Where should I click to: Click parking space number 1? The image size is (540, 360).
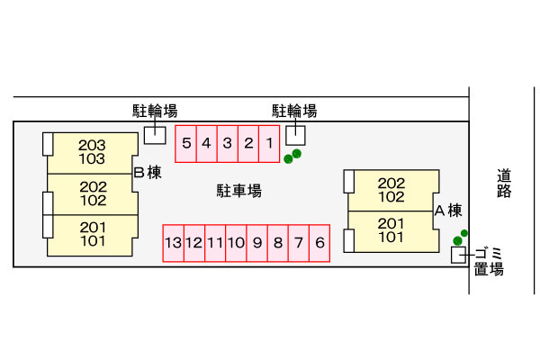click(268, 143)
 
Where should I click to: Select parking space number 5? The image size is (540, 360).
click(184, 143)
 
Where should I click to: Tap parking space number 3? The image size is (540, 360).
click(227, 143)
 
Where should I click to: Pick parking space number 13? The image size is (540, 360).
click(173, 242)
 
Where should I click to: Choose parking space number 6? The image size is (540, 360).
click(319, 242)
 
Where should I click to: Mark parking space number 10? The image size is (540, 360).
click(236, 242)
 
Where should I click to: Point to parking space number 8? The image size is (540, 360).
click(278, 242)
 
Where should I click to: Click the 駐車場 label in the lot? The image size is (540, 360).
click(238, 191)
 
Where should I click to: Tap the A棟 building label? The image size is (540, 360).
click(447, 211)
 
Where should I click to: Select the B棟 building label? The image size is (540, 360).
click(147, 173)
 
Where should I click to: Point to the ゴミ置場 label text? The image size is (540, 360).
click(489, 261)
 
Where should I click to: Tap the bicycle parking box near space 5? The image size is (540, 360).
click(155, 135)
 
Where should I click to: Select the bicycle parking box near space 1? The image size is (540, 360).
click(295, 135)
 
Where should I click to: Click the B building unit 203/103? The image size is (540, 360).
click(92, 152)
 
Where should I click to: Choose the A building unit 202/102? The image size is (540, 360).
click(391, 189)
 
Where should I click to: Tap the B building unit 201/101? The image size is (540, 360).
click(92, 234)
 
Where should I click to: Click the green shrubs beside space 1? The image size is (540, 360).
click(292, 157)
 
